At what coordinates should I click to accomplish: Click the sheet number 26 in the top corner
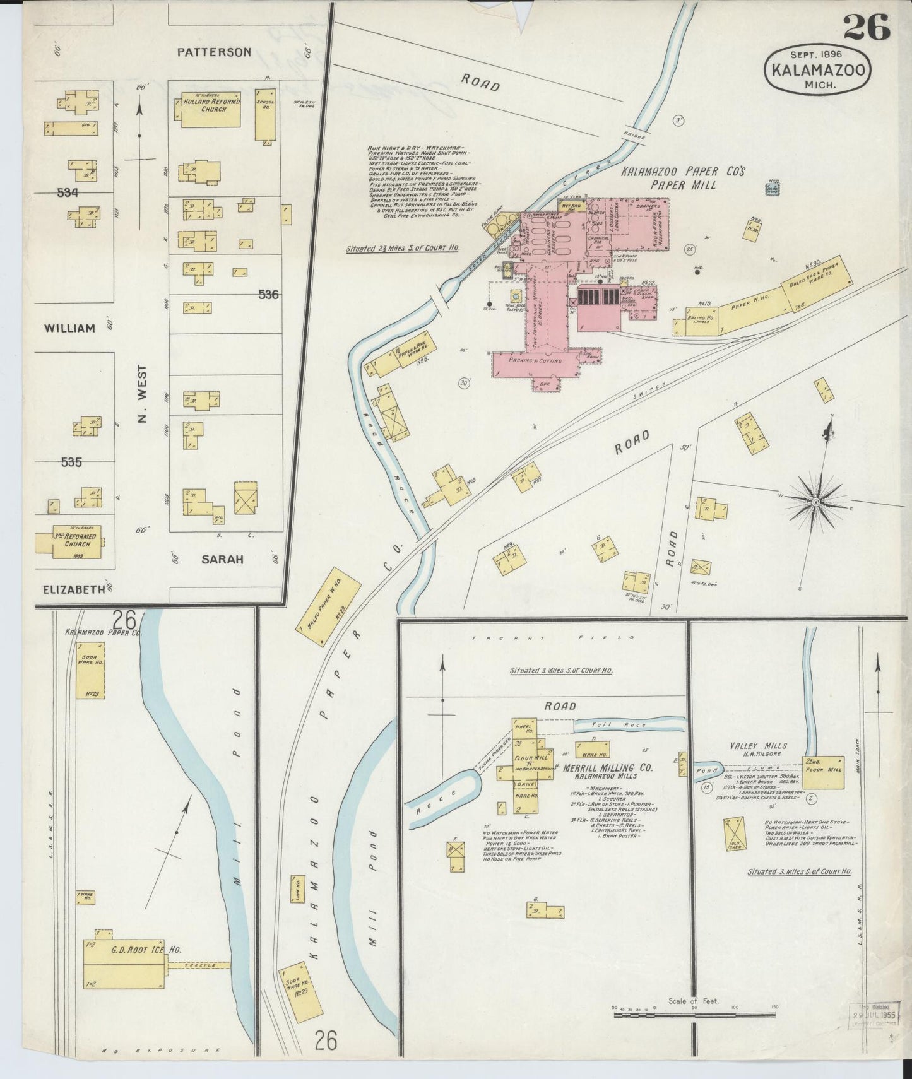coord(865,27)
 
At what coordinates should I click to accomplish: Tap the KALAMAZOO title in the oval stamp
coord(817,70)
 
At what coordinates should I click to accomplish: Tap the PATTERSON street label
coord(213,52)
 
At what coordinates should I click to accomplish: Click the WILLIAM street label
coord(69,328)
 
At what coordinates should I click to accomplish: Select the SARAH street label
coord(222,559)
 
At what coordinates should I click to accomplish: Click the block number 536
coord(268,294)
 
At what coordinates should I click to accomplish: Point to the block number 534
coord(68,193)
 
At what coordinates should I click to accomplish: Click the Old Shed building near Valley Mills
coord(735,832)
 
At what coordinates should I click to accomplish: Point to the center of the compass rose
coord(815,502)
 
